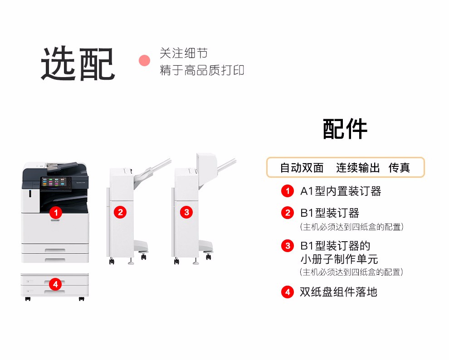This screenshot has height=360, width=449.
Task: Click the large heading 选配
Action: click(x=78, y=63)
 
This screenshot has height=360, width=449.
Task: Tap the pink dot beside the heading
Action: click(x=144, y=60)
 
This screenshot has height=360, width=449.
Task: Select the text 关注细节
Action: click(x=184, y=53)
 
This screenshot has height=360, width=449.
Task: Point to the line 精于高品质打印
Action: click(x=202, y=70)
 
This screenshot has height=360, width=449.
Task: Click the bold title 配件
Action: click(x=345, y=129)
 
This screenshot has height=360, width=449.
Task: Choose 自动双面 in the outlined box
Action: click(x=302, y=168)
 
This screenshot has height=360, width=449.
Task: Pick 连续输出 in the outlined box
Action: click(x=358, y=168)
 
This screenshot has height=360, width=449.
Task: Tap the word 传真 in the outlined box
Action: click(x=399, y=168)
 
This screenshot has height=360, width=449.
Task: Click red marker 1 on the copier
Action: click(x=55, y=212)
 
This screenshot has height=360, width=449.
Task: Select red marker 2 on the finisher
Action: click(x=120, y=212)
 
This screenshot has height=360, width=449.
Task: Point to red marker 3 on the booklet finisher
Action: click(x=186, y=212)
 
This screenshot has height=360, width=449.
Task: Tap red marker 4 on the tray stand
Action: click(x=55, y=284)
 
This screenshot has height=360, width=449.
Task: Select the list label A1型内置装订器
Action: click(x=341, y=191)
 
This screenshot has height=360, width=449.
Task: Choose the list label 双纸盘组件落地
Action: click(x=338, y=292)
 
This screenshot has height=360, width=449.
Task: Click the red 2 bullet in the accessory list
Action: click(x=288, y=213)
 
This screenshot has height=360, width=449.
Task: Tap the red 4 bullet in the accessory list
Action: click(x=288, y=292)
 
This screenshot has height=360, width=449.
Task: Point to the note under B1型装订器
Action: click(x=352, y=227)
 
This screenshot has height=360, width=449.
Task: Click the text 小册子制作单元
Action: click(x=339, y=259)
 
